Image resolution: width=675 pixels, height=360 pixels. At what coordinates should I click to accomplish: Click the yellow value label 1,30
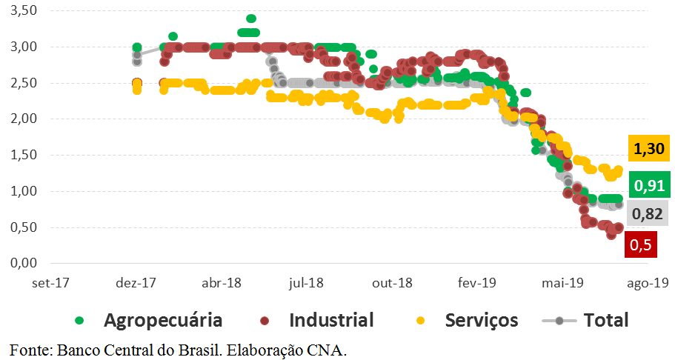tap(648, 148)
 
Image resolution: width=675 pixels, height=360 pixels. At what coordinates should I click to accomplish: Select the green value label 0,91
tap(648, 185)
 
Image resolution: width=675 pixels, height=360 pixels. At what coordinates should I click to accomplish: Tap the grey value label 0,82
tap(648, 215)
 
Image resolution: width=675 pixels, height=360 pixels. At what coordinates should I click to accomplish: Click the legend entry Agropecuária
tap(163, 321)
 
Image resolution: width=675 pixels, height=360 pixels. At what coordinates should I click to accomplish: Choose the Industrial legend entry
tap(331, 321)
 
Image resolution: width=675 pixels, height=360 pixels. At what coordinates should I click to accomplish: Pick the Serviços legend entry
tap(482, 321)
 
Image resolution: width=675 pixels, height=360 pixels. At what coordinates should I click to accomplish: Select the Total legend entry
tap(606, 321)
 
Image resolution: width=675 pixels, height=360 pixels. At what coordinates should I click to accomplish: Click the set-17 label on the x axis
tap(53, 283)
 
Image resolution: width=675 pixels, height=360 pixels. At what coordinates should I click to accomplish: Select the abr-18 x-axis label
tap(222, 283)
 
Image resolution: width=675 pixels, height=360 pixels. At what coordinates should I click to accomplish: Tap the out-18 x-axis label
tap(392, 283)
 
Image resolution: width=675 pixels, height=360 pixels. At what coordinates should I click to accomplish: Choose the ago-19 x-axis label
tap(649, 283)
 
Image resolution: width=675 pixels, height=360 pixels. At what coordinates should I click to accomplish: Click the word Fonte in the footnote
tap(27, 348)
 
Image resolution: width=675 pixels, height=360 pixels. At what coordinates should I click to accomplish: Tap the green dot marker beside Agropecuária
tap(80, 321)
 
